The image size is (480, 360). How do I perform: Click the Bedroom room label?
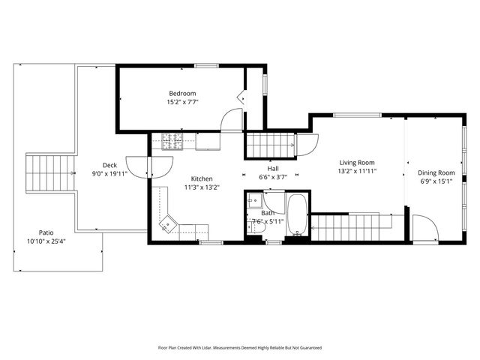click(182, 93)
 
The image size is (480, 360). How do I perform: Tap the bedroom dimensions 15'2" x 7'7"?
click(182, 101)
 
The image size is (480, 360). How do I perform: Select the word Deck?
click(109, 165)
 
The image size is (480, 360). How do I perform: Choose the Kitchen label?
click(202, 178)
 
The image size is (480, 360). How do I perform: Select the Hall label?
click(274, 169)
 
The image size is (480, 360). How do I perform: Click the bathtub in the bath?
click(296, 216)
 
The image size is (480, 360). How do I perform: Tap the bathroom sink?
click(255, 200)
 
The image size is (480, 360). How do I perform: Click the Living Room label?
click(357, 163)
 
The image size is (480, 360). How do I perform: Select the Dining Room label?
click(436, 172)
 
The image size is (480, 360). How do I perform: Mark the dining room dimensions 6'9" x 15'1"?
click(436, 181)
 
